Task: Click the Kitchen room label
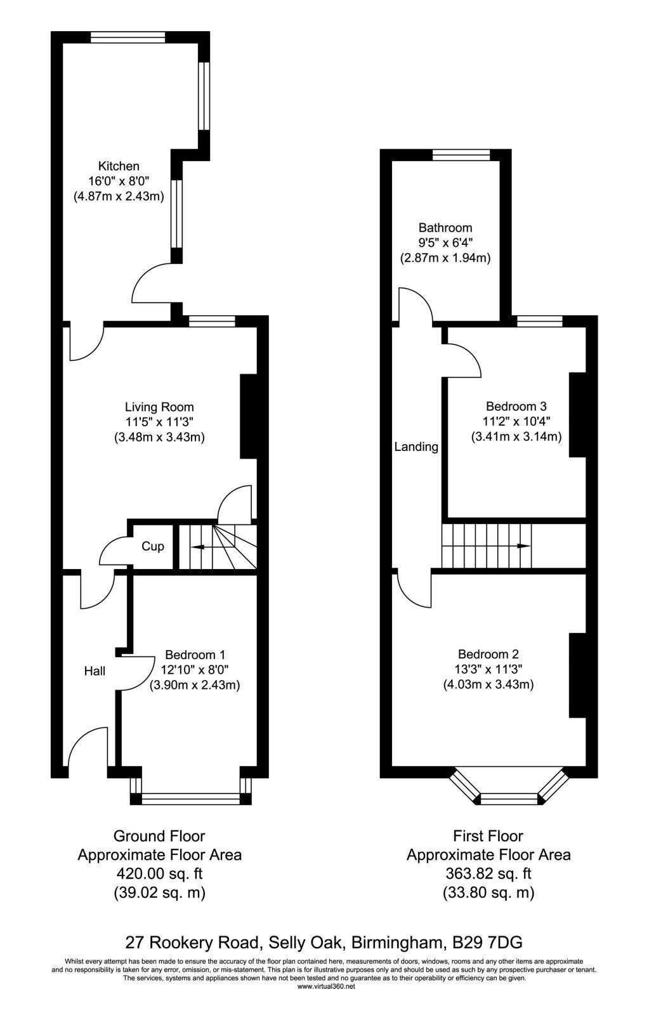click(x=119, y=166)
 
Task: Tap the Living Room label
click(x=159, y=407)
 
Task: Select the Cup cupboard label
click(x=152, y=546)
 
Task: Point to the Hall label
click(x=95, y=670)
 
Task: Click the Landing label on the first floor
click(x=416, y=447)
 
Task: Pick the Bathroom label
click(x=445, y=228)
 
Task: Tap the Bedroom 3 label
click(x=516, y=406)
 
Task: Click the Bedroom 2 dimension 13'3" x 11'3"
click(x=488, y=669)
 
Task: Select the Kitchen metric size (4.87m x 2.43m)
click(x=119, y=197)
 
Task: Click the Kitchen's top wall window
click(x=128, y=37)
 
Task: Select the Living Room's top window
click(x=213, y=321)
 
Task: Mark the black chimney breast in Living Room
click(x=249, y=416)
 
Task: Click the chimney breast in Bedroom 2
click(x=577, y=676)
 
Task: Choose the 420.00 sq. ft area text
click(x=160, y=874)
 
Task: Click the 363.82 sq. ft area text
click(x=488, y=874)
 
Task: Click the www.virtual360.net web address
click(x=326, y=986)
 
